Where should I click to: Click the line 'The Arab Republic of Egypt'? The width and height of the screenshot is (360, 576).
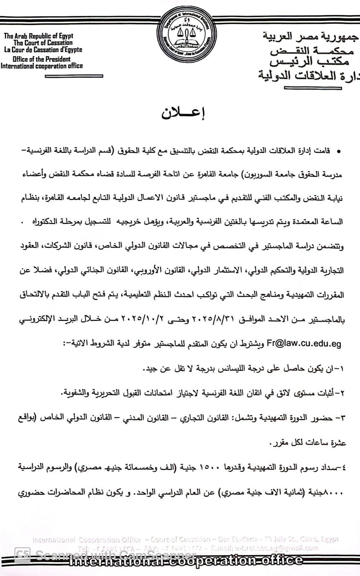[x=39, y=36]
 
